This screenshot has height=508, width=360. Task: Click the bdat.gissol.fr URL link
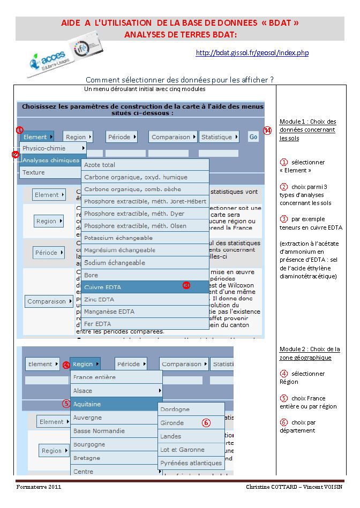(x=252, y=52)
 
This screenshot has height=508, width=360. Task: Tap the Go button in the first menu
(x=253, y=137)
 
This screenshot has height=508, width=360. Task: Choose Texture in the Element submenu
(x=34, y=172)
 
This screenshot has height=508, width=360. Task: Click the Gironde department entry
(x=172, y=423)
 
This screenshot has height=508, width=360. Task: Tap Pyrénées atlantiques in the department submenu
(x=191, y=462)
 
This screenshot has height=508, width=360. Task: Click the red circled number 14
(x=268, y=130)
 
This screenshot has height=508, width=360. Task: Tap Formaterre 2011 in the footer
(x=39, y=488)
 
